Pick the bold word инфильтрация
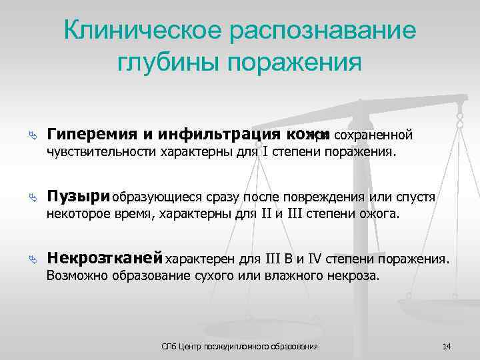point(201,135)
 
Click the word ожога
point(381,214)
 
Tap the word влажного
point(287,275)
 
